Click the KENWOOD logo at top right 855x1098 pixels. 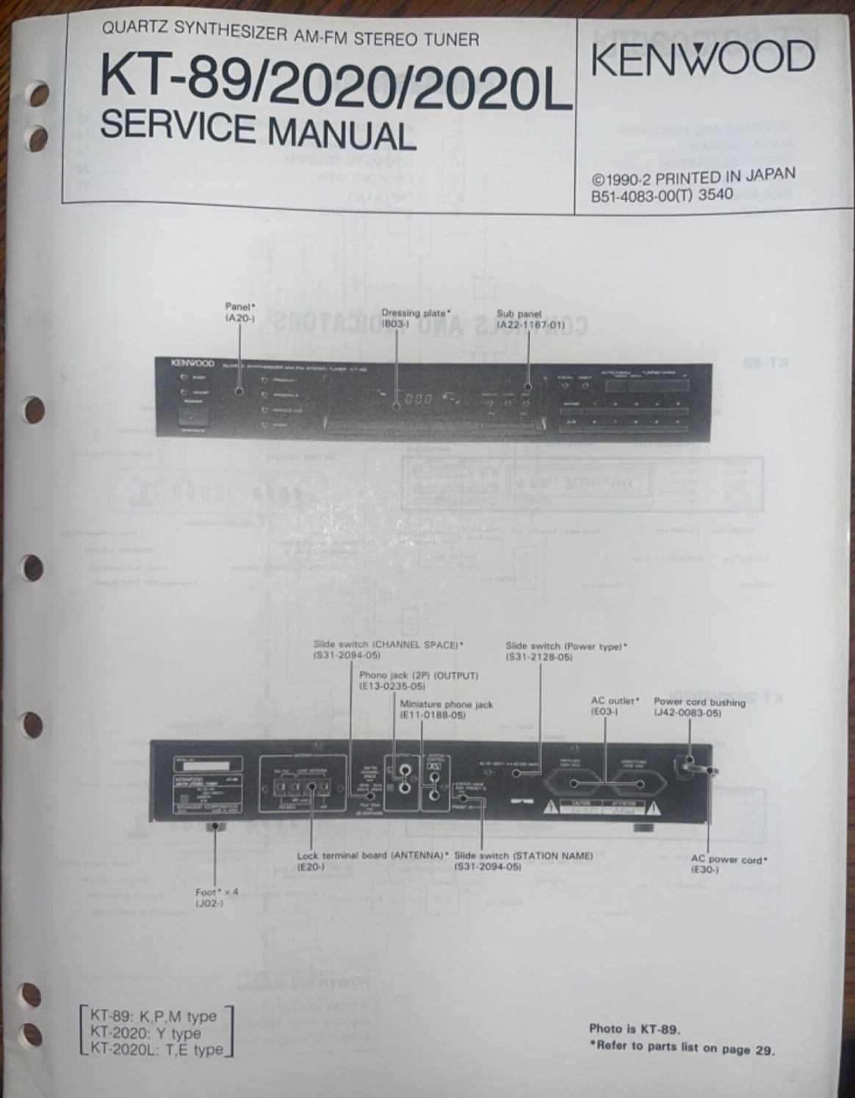(x=702, y=60)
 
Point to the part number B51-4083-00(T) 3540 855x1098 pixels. (x=662, y=195)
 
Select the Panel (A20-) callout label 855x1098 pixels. (x=239, y=312)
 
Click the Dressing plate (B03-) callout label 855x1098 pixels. (x=416, y=317)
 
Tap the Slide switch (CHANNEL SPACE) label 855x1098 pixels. (x=388, y=649)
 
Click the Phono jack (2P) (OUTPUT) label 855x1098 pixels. (x=418, y=680)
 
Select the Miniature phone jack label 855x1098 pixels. (x=446, y=708)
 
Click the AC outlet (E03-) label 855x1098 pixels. (x=615, y=706)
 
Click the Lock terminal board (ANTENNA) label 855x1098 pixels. (x=372, y=861)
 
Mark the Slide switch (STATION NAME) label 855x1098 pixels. (x=523, y=861)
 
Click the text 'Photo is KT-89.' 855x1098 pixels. (x=635, y=1029)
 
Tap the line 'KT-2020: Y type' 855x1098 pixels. (x=145, y=1033)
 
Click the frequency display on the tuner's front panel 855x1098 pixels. (x=419, y=401)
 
